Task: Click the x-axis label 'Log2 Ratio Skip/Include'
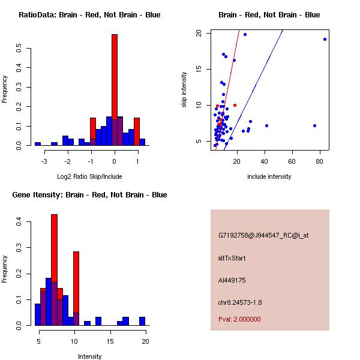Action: [89, 176]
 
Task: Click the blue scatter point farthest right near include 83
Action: [325, 39]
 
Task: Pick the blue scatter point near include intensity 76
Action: [314, 125]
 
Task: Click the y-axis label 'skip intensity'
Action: [185, 90]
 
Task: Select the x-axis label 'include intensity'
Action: [269, 176]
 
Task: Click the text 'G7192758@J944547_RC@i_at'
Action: [263, 236]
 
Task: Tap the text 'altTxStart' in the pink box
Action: [232, 258]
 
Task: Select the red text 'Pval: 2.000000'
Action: [239, 319]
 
